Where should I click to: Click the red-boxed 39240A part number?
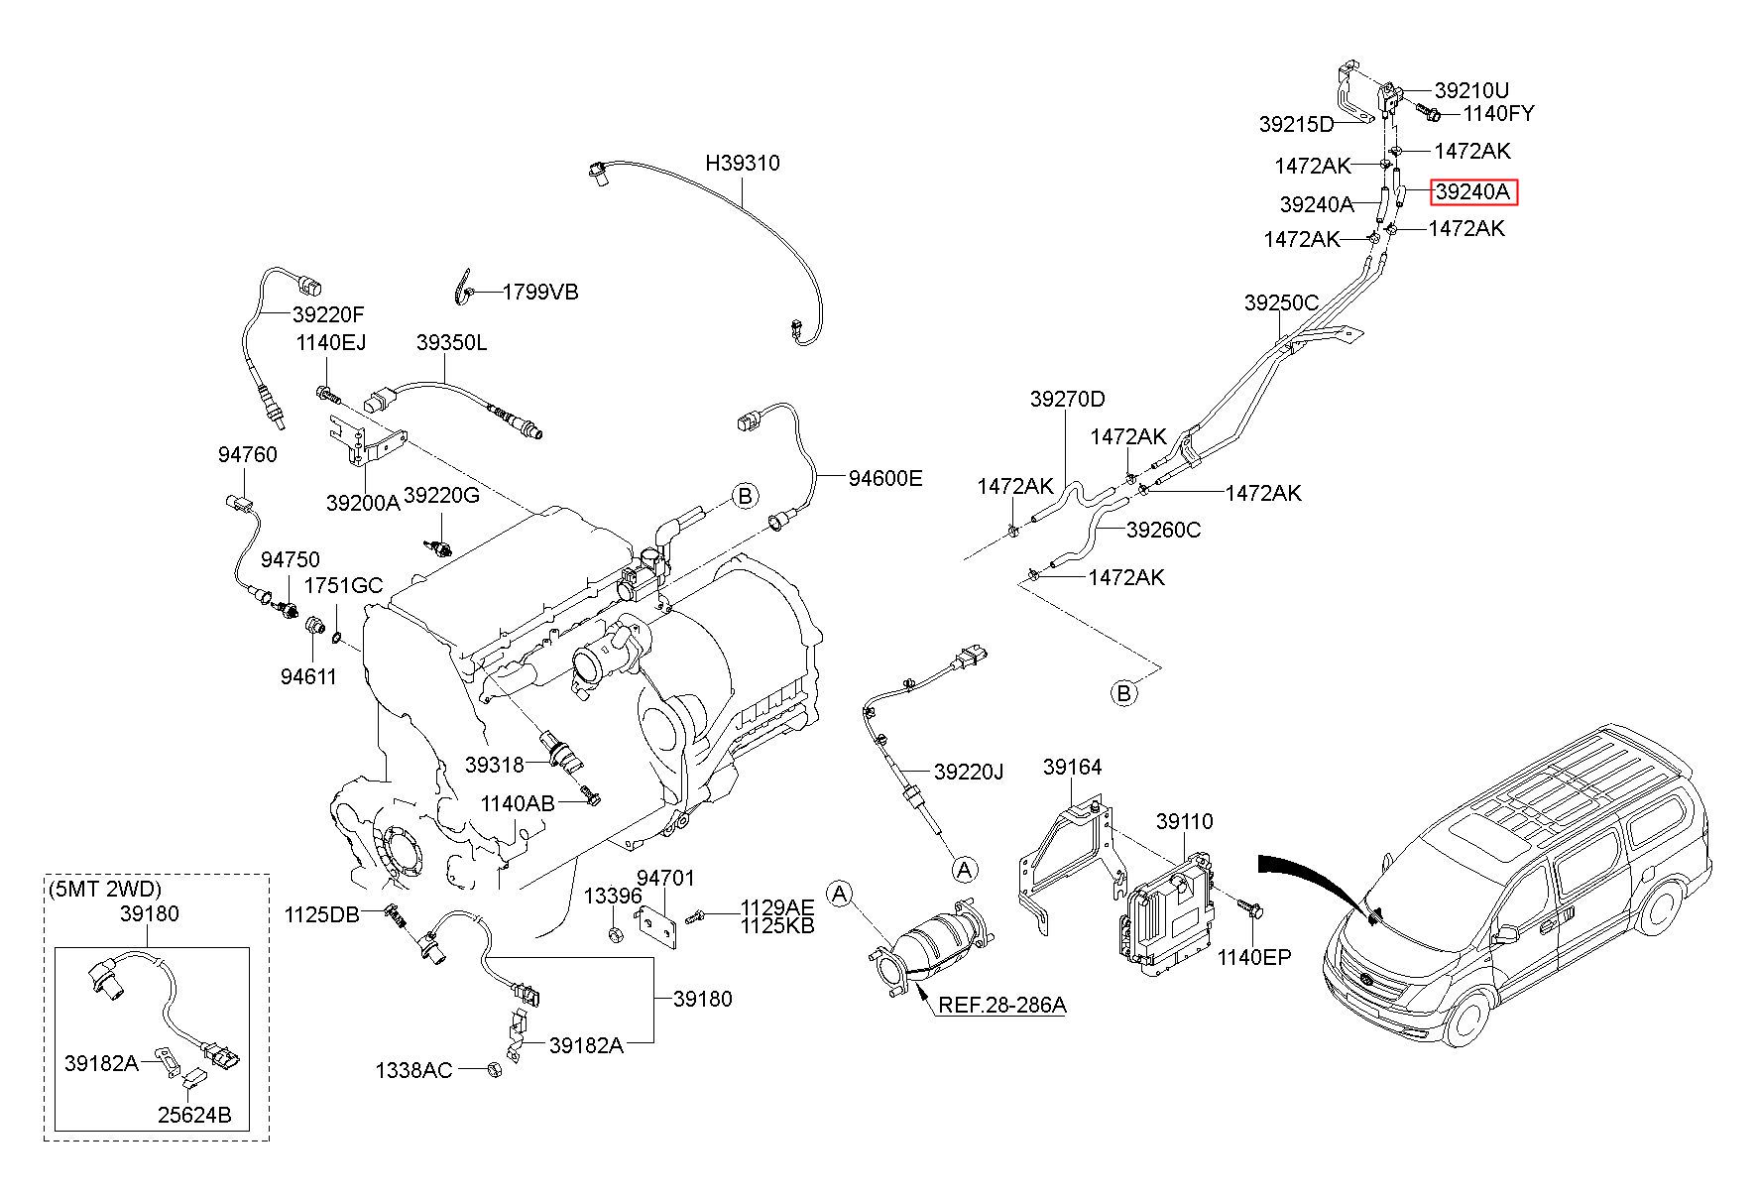click(1473, 191)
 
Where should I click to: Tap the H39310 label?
click(743, 163)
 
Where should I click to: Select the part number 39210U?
click(1472, 91)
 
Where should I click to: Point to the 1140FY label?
click(1498, 113)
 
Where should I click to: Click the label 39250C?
click(1282, 303)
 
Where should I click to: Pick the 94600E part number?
click(885, 479)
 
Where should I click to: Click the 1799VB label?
click(540, 292)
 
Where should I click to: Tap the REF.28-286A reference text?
click(1002, 1005)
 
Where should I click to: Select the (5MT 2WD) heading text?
click(104, 889)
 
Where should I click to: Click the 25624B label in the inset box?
click(194, 1116)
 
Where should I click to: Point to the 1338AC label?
click(413, 1070)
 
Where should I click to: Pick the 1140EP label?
click(1254, 957)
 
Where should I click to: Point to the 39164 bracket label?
click(1073, 767)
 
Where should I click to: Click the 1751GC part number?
click(343, 585)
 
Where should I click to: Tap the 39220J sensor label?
click(970, 771)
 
